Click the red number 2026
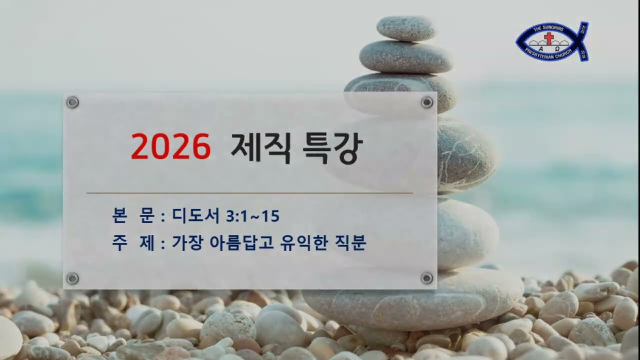point(170,146)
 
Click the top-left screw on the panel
point(73,102)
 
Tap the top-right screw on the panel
point(427,102)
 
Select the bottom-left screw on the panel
point(73,278)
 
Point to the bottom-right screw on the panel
point(427,278)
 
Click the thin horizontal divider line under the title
point(250,192)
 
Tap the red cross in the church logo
point(549,39)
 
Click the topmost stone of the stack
point(405,28)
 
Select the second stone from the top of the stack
point(405,56)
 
